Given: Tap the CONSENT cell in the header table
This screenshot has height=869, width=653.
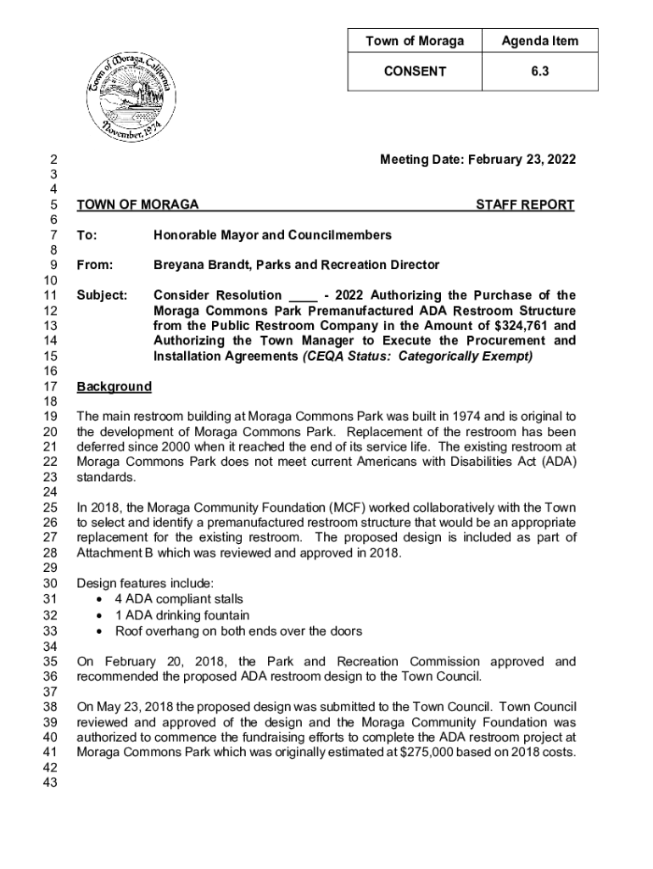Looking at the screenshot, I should [x=415, y=71].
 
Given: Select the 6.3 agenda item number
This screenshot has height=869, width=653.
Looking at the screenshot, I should [x=539, y=71].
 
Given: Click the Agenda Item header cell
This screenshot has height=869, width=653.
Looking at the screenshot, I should [x=539, y=41].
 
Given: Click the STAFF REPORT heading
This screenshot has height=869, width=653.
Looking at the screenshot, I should [x=525, y=205].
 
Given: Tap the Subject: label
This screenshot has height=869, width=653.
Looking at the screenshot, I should [x=102, y=295].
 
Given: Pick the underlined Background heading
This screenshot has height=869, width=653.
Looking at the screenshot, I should [x=114, y=387].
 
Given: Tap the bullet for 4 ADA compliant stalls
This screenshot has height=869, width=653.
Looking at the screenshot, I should [x=102, y=599].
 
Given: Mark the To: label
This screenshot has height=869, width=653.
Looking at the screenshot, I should [x=86, y=234].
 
